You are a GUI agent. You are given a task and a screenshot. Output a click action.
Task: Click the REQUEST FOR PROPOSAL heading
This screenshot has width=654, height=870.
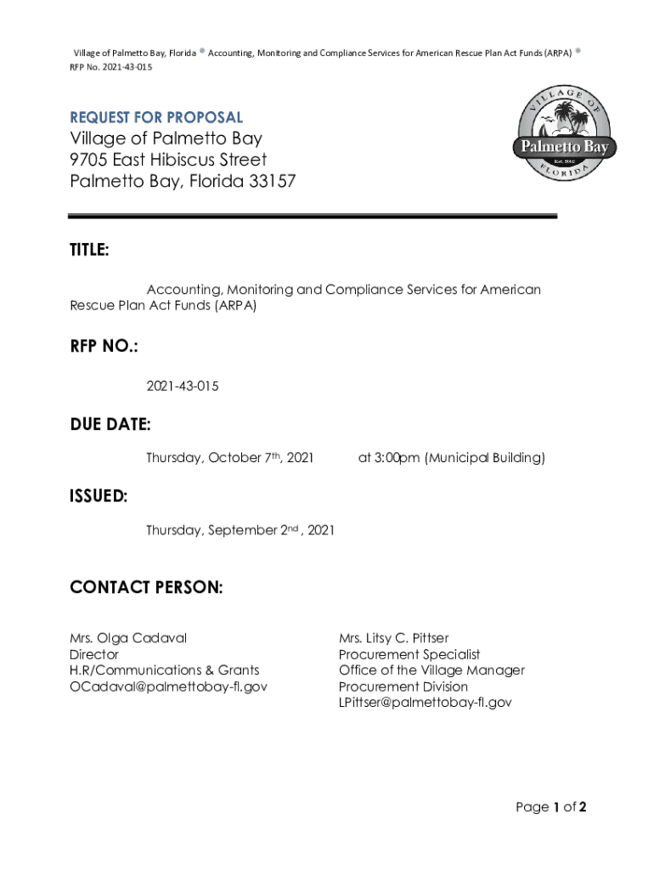click(156, 117)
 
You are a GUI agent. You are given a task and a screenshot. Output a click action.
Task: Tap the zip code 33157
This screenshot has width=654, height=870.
click(271, 181)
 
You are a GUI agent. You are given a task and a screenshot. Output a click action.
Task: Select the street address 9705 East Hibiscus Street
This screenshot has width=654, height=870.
click(168, 160)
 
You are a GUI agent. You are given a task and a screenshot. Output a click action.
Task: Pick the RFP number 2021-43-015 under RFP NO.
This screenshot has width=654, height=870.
click(183, 387)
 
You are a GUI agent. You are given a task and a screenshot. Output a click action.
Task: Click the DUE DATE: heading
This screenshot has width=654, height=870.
click(110, 424)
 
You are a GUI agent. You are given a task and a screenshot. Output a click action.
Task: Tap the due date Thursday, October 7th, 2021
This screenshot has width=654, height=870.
click(229, 458)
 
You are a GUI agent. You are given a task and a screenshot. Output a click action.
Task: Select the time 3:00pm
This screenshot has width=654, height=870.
click(397, 458)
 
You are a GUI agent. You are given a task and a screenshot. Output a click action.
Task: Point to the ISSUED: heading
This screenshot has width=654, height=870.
click(99, 497)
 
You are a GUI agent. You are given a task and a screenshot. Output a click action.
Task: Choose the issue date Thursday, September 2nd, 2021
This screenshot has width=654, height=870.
click(240, 530)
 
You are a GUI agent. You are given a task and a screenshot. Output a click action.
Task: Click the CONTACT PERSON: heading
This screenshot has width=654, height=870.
click(146, 588)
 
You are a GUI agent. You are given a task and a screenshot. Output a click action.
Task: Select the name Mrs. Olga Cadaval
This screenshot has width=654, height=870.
click(128, 638)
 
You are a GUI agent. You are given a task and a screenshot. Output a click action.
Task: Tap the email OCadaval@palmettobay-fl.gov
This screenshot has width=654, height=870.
click(168, 686)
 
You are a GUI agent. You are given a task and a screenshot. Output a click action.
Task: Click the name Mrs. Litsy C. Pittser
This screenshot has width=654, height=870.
click(394, 638)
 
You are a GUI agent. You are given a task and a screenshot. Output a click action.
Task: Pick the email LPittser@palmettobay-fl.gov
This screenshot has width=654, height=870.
click(426, 703)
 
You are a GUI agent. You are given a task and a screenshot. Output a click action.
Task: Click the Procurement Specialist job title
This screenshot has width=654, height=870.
click(409, 654)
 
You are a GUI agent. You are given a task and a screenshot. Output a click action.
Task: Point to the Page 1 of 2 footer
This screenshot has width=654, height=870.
click(551, 807)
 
